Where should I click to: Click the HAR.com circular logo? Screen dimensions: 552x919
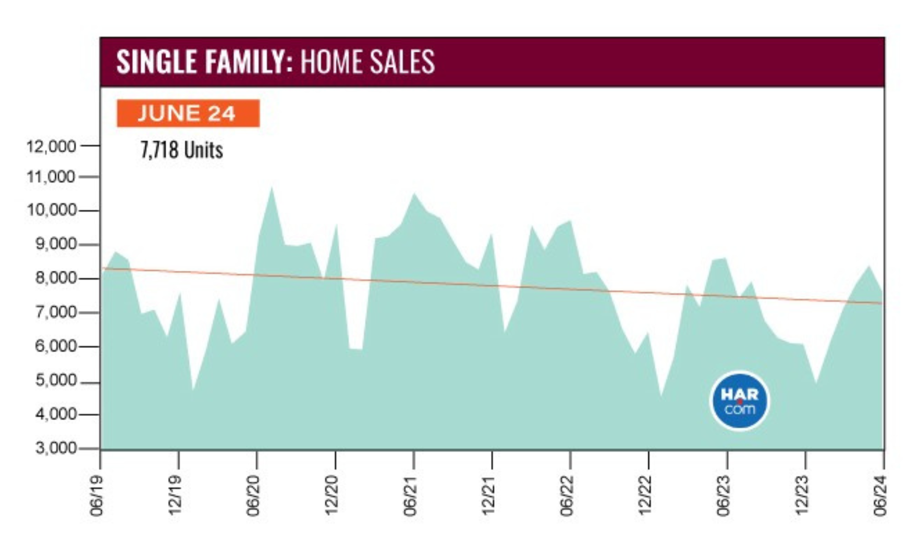tap(739, 401)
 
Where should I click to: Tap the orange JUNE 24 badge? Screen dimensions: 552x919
tap(188, 113)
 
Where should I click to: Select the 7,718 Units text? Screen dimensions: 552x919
tap(181, 150)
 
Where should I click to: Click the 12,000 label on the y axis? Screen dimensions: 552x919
tap(51, 146)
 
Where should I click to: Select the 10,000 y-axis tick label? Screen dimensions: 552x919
tap(51, 210)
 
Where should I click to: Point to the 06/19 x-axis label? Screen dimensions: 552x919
tap(96, 496)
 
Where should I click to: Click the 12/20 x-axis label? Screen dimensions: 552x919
tap(332, 496)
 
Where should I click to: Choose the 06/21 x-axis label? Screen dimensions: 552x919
tap(411, 496)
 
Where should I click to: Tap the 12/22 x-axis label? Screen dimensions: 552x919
tap(645, 496)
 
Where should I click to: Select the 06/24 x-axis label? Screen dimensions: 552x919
tap(880, 496)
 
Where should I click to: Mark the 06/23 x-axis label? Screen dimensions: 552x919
tap(724, 496)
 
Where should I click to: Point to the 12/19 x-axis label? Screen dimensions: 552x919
tap(175, 496)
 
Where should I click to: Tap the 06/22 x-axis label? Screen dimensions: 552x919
tap(567, 496)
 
